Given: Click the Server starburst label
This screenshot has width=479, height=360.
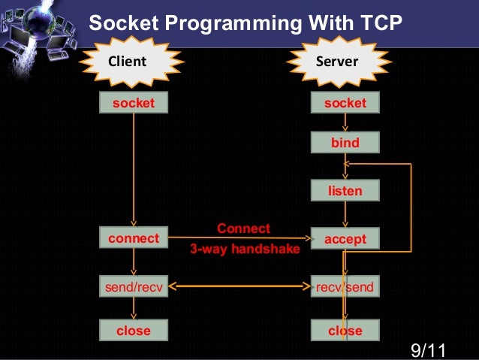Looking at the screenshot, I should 336,61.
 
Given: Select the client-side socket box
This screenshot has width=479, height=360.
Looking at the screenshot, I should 134,103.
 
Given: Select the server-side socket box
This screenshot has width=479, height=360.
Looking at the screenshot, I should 345,103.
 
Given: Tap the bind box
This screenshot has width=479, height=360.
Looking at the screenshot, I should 345,143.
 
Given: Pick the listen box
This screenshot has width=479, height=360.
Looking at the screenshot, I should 345,191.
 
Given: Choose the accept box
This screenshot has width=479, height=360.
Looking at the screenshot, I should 345,239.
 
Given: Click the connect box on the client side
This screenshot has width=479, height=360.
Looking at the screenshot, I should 134,239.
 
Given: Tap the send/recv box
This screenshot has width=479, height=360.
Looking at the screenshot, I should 134,286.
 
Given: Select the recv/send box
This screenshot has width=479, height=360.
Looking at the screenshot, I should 345,286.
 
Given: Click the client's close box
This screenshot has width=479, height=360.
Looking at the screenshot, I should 134,331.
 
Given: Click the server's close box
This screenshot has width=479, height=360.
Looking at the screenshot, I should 345,331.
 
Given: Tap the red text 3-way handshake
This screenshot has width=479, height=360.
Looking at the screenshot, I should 244,249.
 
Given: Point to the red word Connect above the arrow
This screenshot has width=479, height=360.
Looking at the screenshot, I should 243,228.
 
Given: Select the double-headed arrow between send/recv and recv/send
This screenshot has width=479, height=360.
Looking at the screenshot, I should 240,286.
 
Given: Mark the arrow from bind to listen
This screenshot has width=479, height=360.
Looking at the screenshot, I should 345,166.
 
